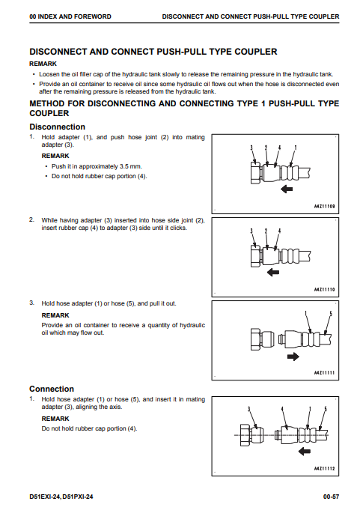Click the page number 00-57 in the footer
click(x=331, y=497)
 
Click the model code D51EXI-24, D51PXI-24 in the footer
click(x=61, y=497)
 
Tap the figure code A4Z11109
click(x=324, y=206)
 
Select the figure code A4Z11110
click(x=324, y=290)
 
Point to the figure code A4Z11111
click(x=324, y=373)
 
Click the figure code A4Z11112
click(x=324, y=469)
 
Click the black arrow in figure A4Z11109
click(x=287, y=189)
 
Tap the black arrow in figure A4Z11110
click(x=273, y=273)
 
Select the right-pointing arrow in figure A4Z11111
click(x=293, y=356)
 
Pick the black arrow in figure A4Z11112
click(x=305, y=451)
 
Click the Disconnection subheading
click(x=57, y=127)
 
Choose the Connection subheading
click(x=52, y=389)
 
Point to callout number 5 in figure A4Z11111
click(x=331, y=314)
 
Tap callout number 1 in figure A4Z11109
click(x=296, y=148)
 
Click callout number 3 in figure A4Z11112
click(x=248, y=410)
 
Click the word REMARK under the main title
click(x=43, y=64)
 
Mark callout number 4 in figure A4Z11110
click(x=280, y=231)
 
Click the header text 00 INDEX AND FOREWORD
click(x=70, y=16)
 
